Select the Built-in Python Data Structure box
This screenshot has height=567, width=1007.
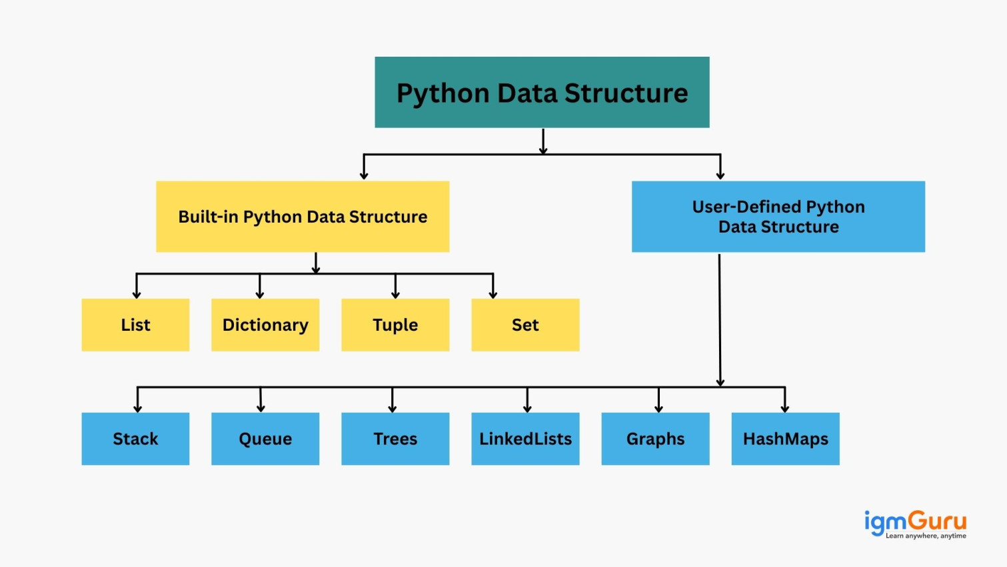[x=303, y=217]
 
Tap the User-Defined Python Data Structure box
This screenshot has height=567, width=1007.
[x=778, y=217]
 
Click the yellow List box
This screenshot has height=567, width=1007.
[x=135, y=325]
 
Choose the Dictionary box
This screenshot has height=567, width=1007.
[x=265, y=325]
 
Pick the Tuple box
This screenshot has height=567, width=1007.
[x=395, y=325]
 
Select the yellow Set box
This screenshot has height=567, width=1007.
[x=525, y=325]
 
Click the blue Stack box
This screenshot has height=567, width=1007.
[x=135, y=439]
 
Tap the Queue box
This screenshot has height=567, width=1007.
[x=265, y=439]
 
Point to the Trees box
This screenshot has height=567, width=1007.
[x=395, y=439]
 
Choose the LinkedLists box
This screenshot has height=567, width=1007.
[x=525, y=439]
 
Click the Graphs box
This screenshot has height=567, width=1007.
[x=655, y=439]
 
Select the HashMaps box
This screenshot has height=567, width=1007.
[x=785, y=439]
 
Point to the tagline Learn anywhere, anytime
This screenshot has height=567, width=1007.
[x=926, y=536]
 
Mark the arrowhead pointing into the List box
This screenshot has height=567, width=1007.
[x=137, y=294]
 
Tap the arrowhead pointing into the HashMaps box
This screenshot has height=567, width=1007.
[x=785, y=408]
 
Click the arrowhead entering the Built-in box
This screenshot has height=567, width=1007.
[x=364, y=175]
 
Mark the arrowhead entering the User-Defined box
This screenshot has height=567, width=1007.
[x=720, y=175]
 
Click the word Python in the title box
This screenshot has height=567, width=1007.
[x=442, y=93]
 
